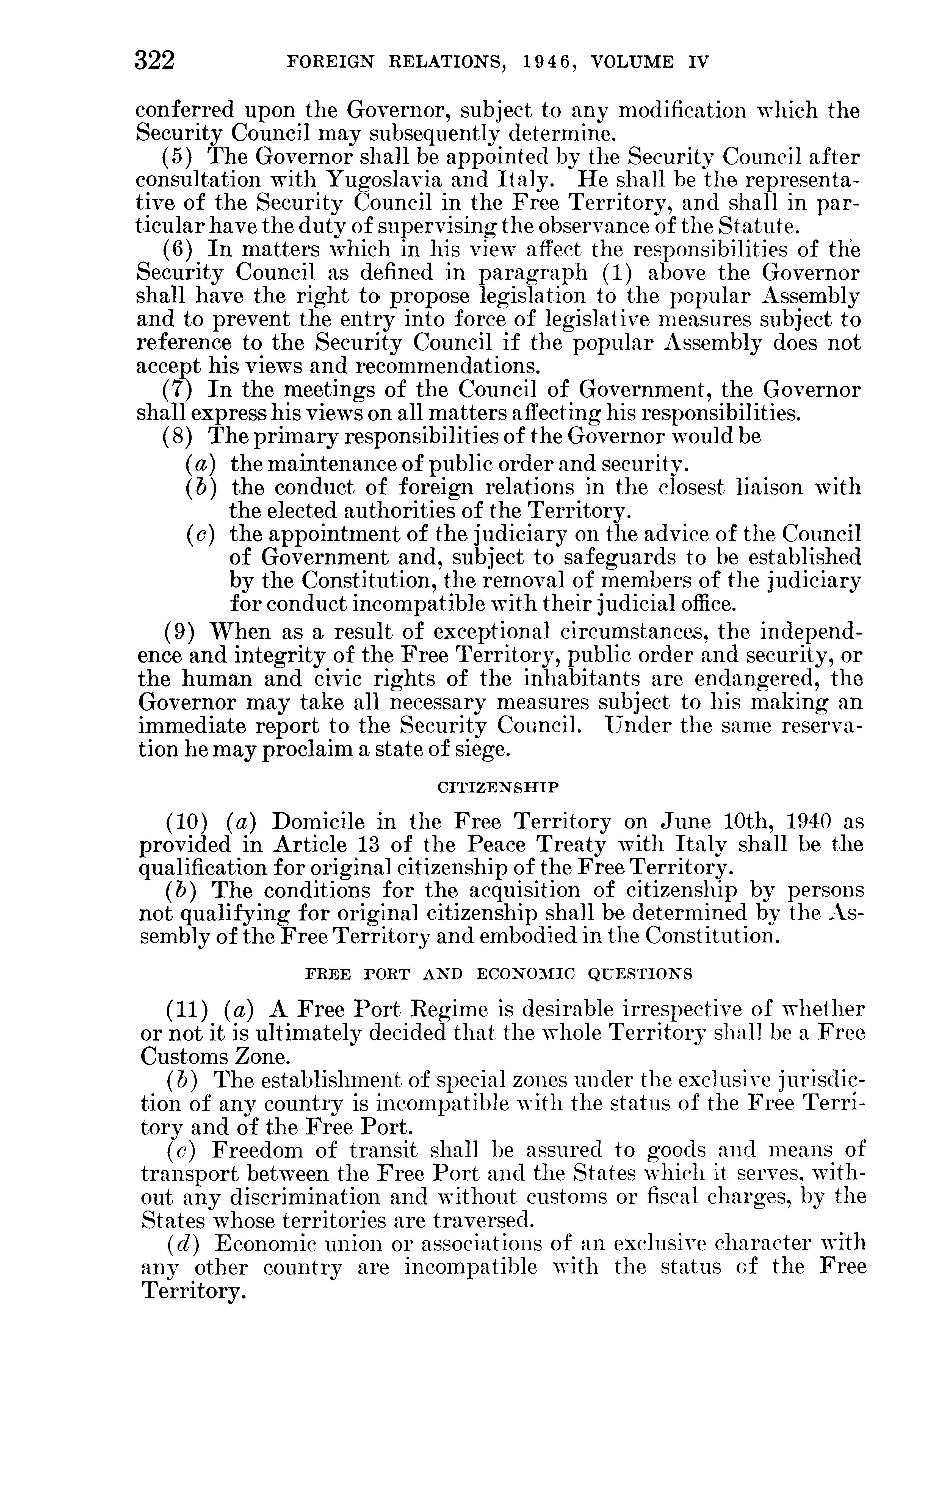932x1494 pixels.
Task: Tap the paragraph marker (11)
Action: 184,1009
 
